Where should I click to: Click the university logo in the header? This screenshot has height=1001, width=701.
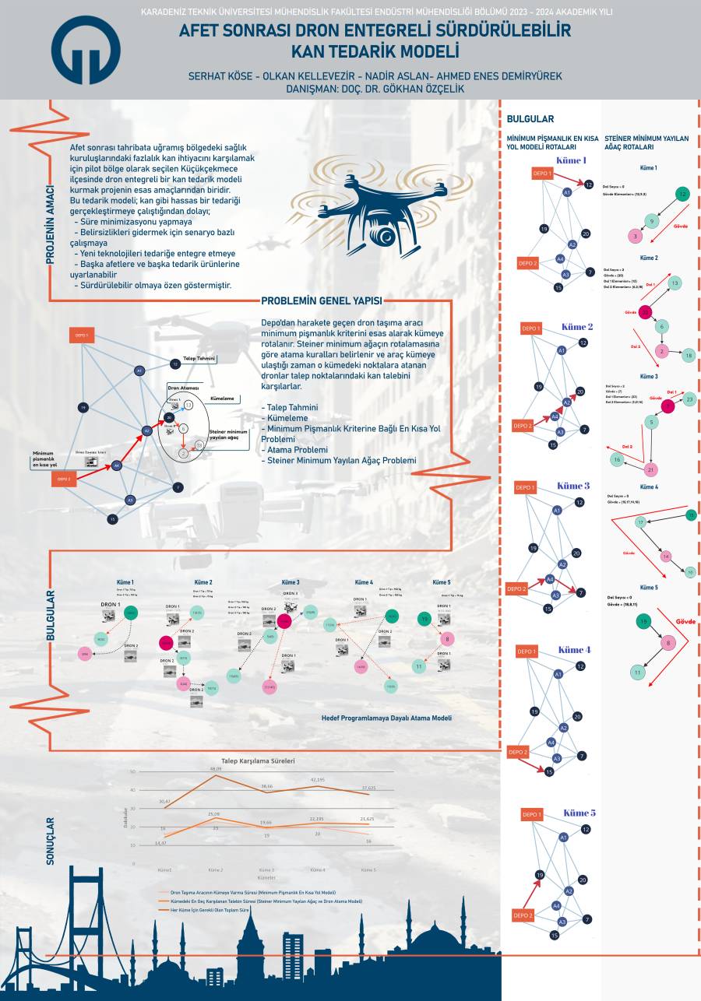86,50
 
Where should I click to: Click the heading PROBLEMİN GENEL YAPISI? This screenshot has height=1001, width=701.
322,301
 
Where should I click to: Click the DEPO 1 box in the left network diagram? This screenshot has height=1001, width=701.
82,336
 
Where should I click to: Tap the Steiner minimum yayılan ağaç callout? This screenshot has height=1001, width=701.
227,434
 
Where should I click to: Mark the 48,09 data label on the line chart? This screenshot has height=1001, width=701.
215,769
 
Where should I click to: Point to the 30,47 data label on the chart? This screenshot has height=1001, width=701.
164,801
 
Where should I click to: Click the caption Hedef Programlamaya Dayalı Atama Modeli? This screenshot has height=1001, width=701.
386,718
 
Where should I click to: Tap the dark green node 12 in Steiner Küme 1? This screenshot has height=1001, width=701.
682,194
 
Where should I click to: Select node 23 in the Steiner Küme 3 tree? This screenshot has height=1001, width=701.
689,399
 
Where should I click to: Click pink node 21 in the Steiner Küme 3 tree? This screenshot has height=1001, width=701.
651,469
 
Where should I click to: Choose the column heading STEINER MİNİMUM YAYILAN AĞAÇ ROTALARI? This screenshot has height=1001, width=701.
646,142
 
